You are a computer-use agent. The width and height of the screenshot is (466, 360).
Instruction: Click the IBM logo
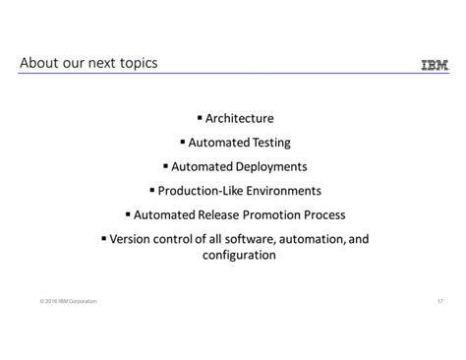[435, 66]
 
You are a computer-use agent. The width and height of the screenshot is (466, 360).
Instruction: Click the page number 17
[439, 300]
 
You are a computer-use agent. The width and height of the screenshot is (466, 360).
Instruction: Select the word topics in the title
[136, 64]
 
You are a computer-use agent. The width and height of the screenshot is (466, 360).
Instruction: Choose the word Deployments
[270, 166]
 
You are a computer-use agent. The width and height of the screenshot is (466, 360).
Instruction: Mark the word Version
[131, 237]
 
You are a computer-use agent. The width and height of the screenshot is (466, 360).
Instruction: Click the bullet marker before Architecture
[200, 118]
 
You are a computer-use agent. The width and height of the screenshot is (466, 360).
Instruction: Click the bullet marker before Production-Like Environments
[152, 189]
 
